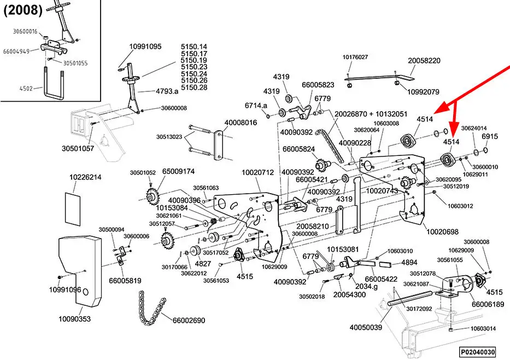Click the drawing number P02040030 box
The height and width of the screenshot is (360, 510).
pyautogui.click(x=477, y=351)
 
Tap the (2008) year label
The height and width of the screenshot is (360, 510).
pyautogui.click(x=21, y=11)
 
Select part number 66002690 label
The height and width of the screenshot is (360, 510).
pyautogui.click(x=189, y=321)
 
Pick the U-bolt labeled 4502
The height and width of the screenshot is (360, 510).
pyautogui.click(x=54, y=80)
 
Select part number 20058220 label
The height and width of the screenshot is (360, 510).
pyautogui.click(x=424, y=61)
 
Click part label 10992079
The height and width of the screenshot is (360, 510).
pyautogui.click(x=424, y=91)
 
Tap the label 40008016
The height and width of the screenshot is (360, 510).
pyautogui.click(x=240, y=123)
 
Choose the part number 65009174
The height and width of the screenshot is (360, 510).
pyautogui.click(x=178, y=172)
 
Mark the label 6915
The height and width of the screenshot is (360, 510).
pyautogui.click(x=490, y=137)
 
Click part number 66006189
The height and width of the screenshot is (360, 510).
pyautogui.click(x=488, y=304)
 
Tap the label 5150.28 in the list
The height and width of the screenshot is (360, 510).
pyautogui.click(x=194, y=88)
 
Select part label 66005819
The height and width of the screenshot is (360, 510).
pyautogui.click(x=125, y=280)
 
